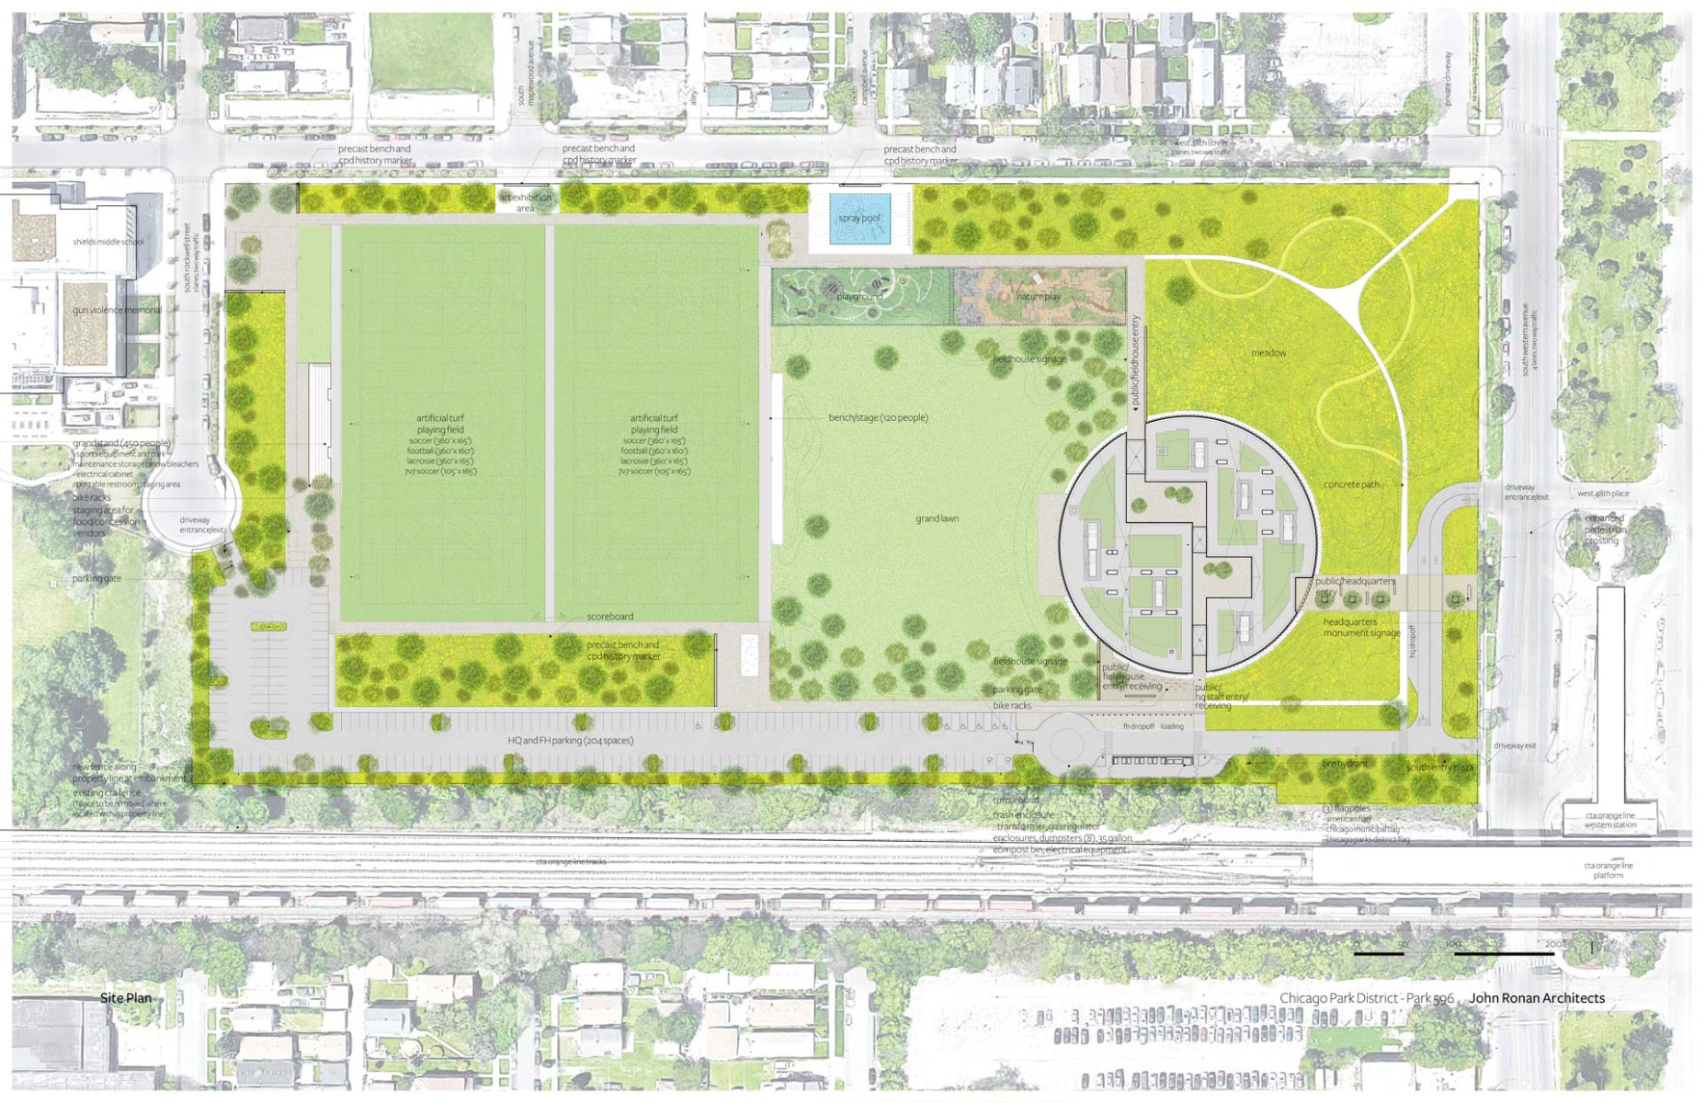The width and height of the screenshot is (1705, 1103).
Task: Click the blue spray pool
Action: coord(859,219)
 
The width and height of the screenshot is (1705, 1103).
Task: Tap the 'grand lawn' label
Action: coord(937,518)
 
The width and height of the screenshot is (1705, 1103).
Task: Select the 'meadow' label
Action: coord(1267,353)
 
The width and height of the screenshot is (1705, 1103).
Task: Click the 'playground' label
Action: coord(858,296)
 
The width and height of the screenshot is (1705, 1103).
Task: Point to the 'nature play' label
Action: coord(1038,297)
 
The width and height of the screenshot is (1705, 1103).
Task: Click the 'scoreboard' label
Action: coord(609,617)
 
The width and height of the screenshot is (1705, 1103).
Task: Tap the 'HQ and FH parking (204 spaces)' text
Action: coord(570,740)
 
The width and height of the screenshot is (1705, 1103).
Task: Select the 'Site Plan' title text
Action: coord(126,998)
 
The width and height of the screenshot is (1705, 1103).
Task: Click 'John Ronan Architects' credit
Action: coord(1536,998)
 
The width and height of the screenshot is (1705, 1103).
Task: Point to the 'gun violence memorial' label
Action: coord(117,310)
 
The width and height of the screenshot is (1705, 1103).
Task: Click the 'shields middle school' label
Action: coord(108,242)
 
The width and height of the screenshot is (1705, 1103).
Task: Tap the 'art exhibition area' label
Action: coord(525,202)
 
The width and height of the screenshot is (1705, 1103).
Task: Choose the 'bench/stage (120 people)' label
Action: coord(878,417)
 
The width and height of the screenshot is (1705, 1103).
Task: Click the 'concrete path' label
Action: coord(1351,484)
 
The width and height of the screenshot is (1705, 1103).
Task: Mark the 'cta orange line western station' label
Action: coord(1609,820)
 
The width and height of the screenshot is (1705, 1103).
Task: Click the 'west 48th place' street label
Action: coord(1603,494)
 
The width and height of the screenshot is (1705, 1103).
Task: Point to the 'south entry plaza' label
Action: coord(1439,768)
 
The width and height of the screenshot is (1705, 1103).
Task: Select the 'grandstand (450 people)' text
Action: coord(121,443)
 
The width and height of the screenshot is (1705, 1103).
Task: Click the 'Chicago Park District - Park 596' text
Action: coord(1366,998)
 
